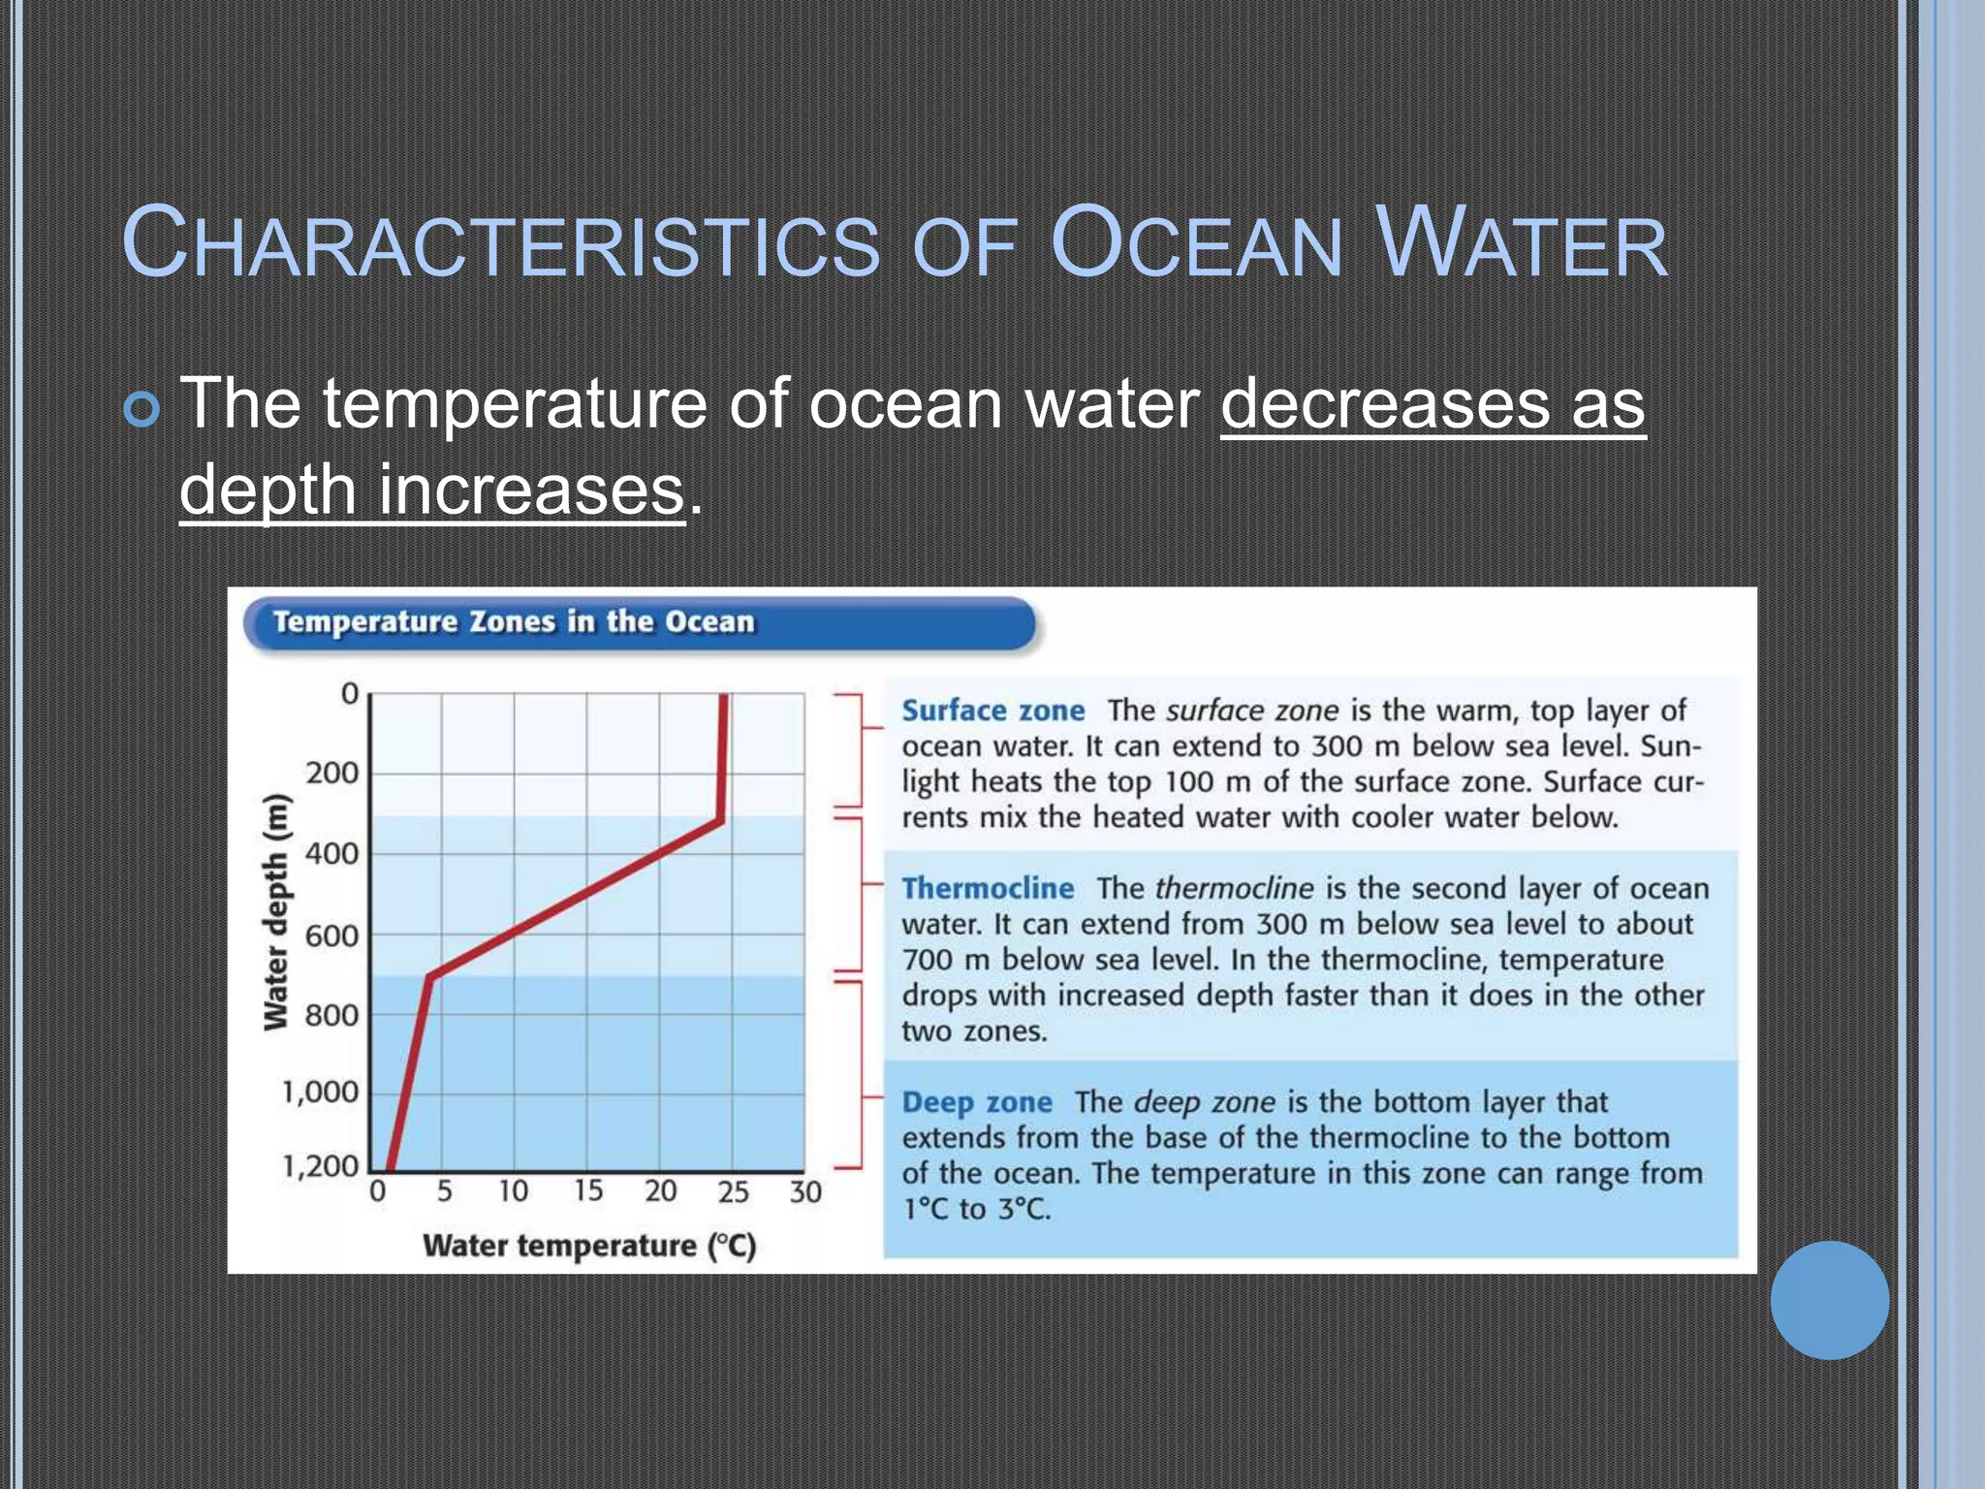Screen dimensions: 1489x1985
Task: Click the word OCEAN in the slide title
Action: [1195, 243]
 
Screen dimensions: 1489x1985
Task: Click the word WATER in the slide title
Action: [1522, 243]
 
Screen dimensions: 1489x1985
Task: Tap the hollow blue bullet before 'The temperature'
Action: [142, 410]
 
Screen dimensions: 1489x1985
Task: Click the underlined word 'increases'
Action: [531, 490]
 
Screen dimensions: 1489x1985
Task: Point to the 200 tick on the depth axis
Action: [332, 774]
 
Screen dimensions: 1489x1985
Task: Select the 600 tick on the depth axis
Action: [332, 935]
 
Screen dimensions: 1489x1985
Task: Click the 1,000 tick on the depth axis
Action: [321, 1093]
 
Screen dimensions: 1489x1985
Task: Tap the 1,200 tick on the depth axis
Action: [321, 1165]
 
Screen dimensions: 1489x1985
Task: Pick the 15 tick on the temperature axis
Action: [587, 1190]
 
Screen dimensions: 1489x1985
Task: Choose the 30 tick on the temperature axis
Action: [805, 1191]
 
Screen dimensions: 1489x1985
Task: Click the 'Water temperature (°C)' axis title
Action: [589, 1246]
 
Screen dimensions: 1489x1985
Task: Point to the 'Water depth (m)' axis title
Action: [276, 911]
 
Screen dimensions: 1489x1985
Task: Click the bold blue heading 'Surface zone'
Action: [993, 711]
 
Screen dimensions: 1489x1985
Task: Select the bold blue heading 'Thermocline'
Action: [988, 888]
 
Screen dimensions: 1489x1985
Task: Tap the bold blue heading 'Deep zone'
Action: [977, 1102]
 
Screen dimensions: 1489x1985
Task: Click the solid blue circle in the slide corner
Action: [1829, 1300]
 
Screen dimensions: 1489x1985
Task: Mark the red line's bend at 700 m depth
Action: [430, 975]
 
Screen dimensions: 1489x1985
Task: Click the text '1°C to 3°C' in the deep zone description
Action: [977, 1210]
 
